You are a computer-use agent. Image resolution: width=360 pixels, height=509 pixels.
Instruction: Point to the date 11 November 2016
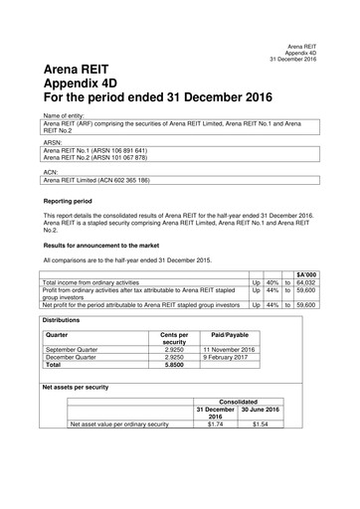click(229, 350)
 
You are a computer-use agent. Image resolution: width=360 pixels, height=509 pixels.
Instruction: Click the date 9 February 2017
click(229, 358)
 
